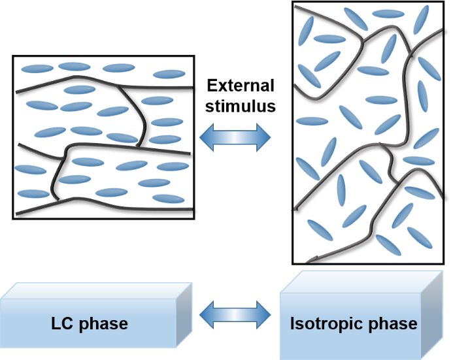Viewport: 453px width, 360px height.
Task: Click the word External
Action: click(241, 86)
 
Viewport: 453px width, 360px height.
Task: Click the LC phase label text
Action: click(89, 324)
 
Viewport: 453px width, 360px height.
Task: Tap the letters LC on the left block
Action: click(61, 324)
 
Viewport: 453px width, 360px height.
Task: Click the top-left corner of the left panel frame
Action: click(13, 56)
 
